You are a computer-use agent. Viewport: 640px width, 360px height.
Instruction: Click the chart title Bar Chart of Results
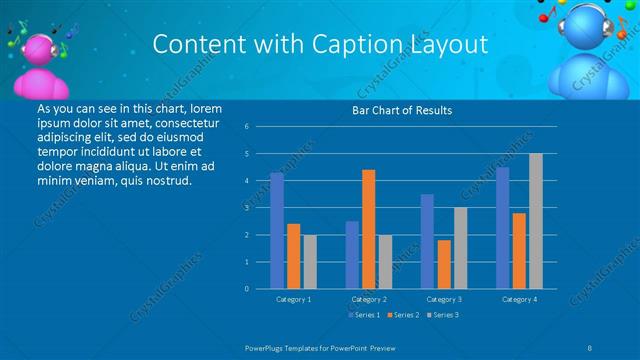[x=403, y=110]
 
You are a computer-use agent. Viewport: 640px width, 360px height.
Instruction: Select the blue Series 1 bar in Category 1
[x=277, y=231]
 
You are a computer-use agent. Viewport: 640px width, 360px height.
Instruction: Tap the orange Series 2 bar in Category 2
[x=369, y=229]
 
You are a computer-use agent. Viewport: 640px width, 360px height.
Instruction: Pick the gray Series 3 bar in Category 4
[x=536, y=221]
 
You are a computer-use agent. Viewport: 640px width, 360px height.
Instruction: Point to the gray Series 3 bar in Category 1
[x=310, y=262]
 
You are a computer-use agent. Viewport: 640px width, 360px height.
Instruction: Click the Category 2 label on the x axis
[x=369, y=299]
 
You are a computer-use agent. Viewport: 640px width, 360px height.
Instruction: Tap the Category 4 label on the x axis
[x=519, y=299]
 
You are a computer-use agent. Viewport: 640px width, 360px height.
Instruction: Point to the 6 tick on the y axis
[x=246, y=127]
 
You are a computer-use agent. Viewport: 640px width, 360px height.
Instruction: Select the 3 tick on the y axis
[x=246, y=208]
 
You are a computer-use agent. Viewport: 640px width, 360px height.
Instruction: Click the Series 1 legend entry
[x=363, y=315]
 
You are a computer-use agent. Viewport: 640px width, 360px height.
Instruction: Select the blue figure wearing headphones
[x=589, y=50]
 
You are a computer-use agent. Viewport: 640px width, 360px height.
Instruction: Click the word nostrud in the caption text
[x=167, y=181]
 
